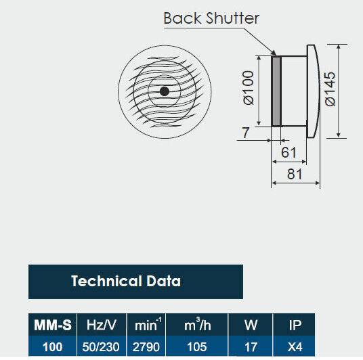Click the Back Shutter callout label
click(211, 18)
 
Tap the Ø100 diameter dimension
click(249, 88)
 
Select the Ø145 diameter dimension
click(330, 89)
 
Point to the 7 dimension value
click(246, 133)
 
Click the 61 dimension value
click(289, 152)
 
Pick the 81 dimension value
click(295, 174)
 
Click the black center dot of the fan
click(165, 91)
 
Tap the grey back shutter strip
click(276, 91)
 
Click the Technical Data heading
click(126, 281)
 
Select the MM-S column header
click(53, 325)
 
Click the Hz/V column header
click(101, 325)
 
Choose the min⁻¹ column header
click(148, 325)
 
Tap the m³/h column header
click(198, 325)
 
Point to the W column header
click(251, 325)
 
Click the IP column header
click(295, 325)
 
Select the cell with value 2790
click(146, 347)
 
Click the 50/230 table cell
click(101, 347)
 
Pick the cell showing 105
click(197, 347)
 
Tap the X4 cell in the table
click(295, 347)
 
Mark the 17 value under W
click(251, 347)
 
